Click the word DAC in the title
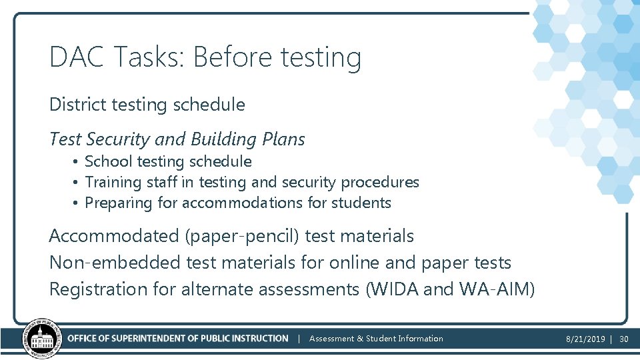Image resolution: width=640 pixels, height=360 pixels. point(77,57)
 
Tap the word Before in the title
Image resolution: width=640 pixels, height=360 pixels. point(233,57)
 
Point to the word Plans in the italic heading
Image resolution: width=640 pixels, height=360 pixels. point(283,139)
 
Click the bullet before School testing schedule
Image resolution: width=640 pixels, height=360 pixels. point(77,162)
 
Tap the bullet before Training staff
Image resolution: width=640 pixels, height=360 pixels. point(77,183)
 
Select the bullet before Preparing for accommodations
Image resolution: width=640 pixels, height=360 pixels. point(77,203)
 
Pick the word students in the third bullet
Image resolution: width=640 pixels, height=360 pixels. point(363,203)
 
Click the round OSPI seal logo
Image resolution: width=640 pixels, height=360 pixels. point(41,339)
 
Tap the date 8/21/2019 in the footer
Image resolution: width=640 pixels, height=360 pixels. point(585,339)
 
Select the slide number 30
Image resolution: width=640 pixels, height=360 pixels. point(624,339)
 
